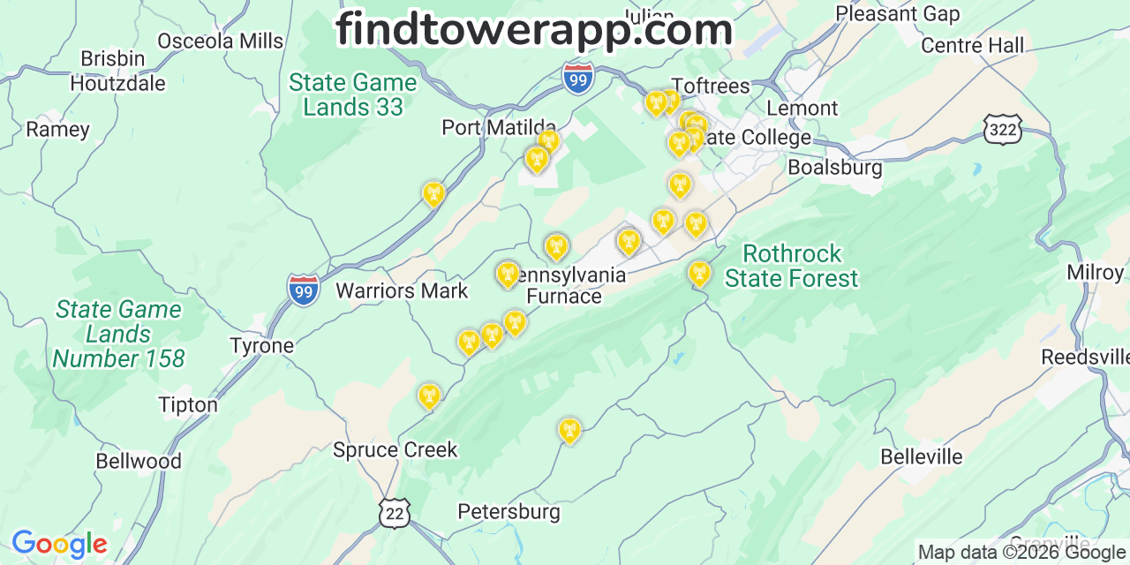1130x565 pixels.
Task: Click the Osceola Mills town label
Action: [221, 41]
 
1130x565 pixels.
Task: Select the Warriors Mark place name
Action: [402, 290]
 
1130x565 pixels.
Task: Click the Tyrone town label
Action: [261, 345]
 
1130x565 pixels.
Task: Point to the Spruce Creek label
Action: [395, 449]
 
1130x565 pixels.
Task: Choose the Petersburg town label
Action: [508, 511]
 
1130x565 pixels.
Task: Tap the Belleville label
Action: [922, 456]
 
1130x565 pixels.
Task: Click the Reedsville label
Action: [1084, 357]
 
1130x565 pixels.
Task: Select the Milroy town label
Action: [1095, 272]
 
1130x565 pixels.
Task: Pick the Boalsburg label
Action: [834, 167]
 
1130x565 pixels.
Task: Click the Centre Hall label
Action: [972, 45]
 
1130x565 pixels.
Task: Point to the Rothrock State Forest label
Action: [791, 266]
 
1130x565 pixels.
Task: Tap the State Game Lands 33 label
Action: [352, 94]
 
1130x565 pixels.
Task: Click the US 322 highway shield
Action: [1002, 130]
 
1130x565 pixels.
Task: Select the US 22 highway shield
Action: [394, 513]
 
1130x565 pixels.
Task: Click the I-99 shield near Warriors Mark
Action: [303, 290]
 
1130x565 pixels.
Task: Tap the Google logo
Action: [59, 544]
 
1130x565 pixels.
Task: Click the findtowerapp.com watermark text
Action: [534, 30]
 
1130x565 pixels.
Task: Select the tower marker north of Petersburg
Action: [569, 430]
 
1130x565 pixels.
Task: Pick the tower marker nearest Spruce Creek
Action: [429, 396]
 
